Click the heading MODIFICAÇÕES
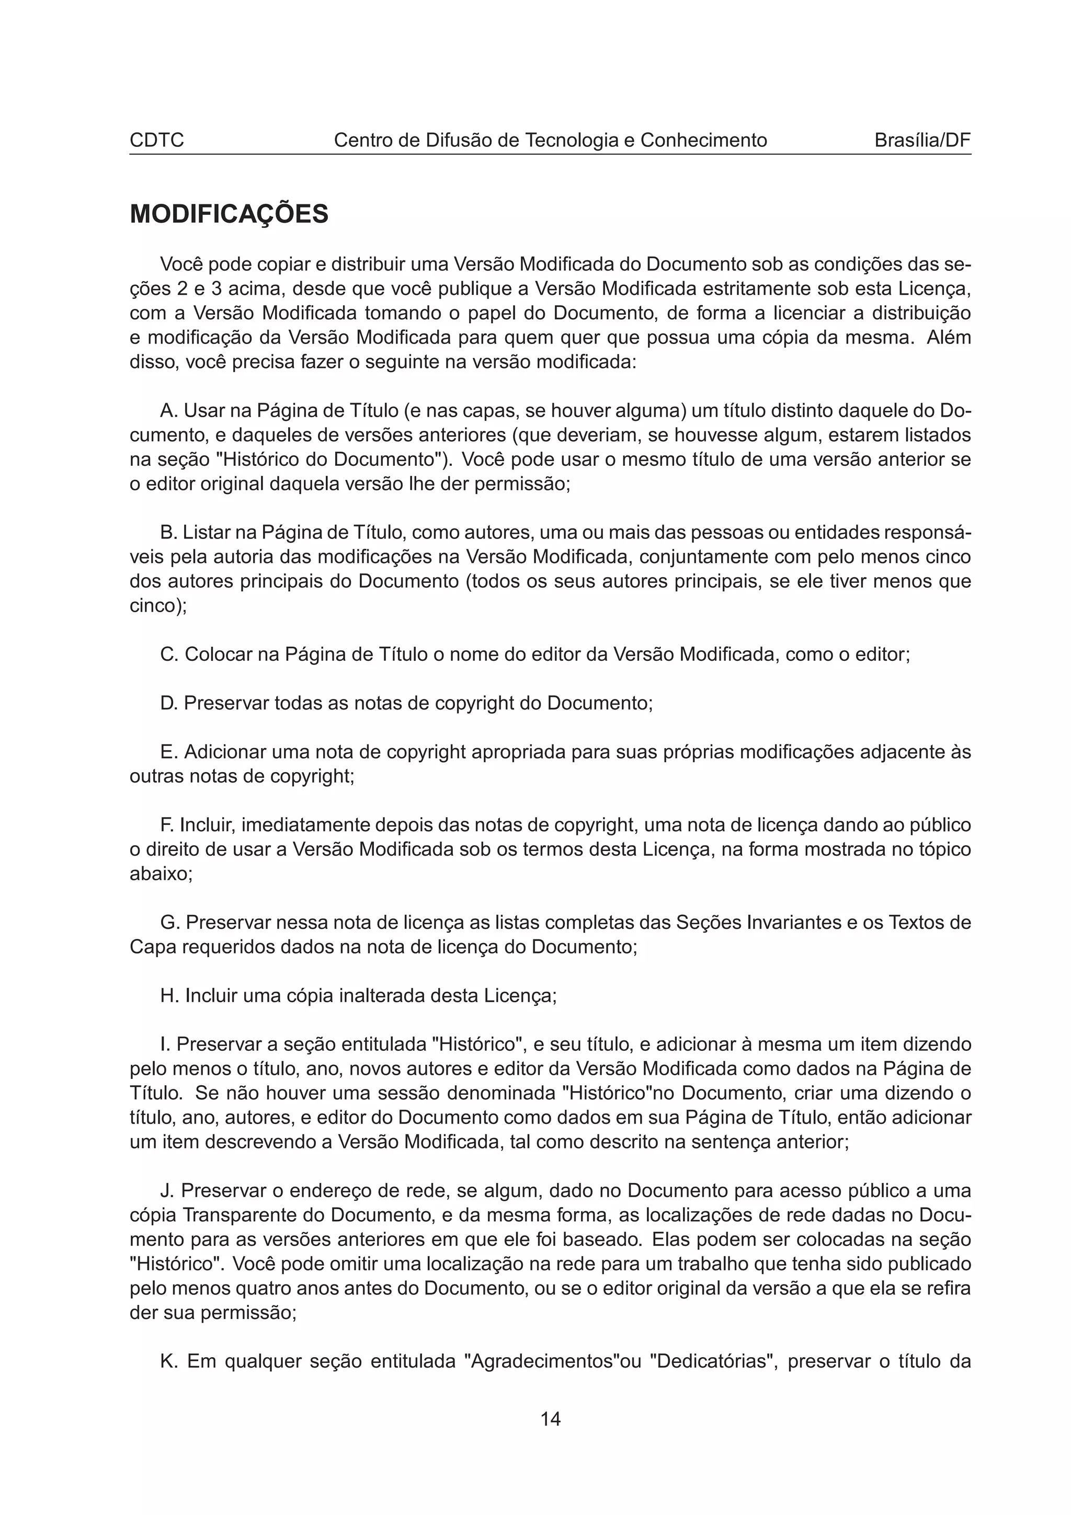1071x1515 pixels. click(x=229, y=214)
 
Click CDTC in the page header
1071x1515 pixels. click(x=156, y=141)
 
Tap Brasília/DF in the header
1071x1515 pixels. click(x=922, y=141)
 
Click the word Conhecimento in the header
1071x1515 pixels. click(x=703, y=141)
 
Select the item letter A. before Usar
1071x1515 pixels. click(x=169, y=411)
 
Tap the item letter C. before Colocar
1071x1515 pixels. click(x=169, y=655)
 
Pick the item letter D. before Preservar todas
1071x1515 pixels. click(x=169, y=704)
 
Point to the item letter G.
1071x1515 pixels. click(x=169, y=923)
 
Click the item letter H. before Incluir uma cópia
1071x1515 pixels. click(x=169, y=996)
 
